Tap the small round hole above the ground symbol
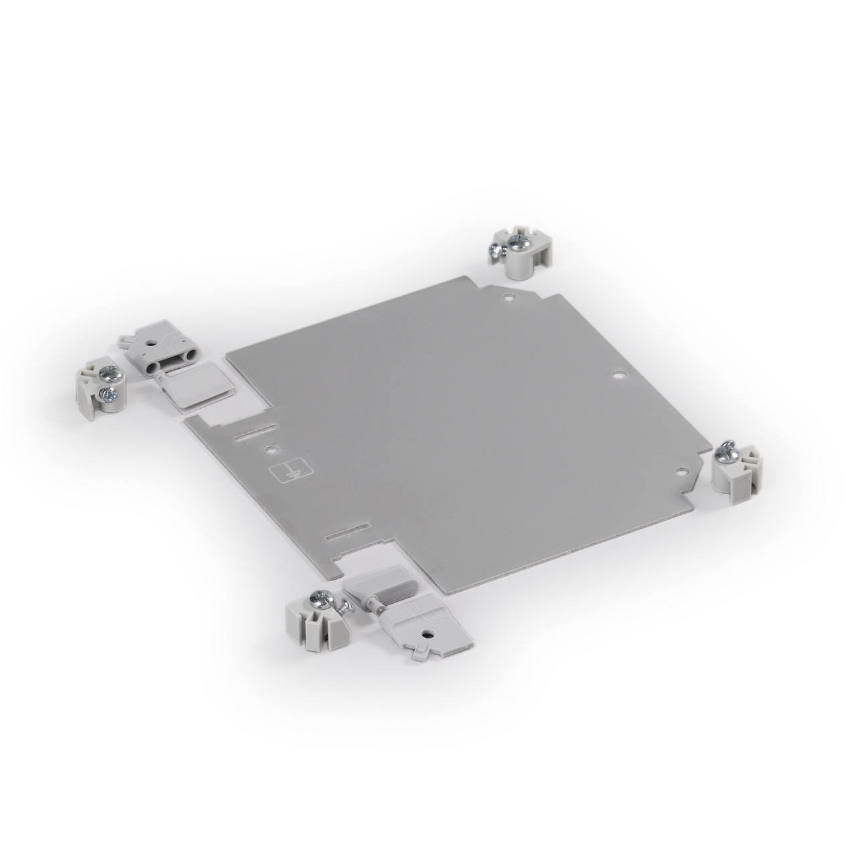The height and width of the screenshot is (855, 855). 270,451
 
